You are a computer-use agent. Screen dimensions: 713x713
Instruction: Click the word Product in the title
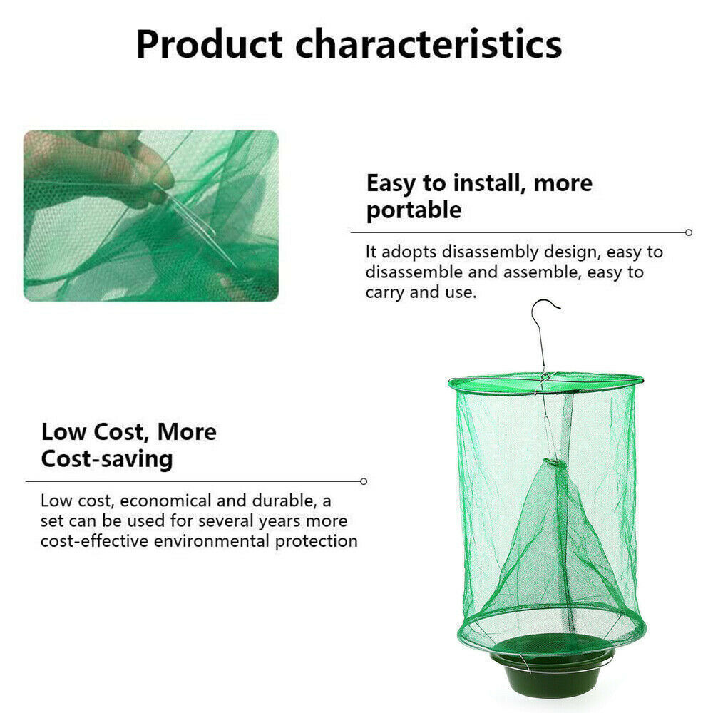pos(210,44)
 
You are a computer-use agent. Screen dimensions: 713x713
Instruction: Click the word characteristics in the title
pos(429,44)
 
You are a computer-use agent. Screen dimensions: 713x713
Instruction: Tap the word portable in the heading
pos(414,210)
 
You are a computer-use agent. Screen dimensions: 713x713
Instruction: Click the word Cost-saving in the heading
pos(107,458)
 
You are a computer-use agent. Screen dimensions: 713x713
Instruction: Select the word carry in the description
pos(386,292)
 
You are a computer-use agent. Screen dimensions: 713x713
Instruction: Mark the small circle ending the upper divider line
pos(688,232)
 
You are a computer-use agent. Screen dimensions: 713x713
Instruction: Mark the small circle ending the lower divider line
pos(364,481)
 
